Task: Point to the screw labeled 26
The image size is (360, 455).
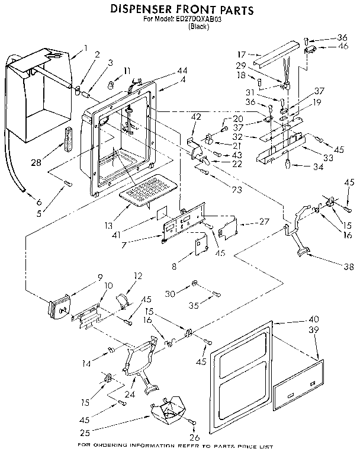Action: tap(193, 421)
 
